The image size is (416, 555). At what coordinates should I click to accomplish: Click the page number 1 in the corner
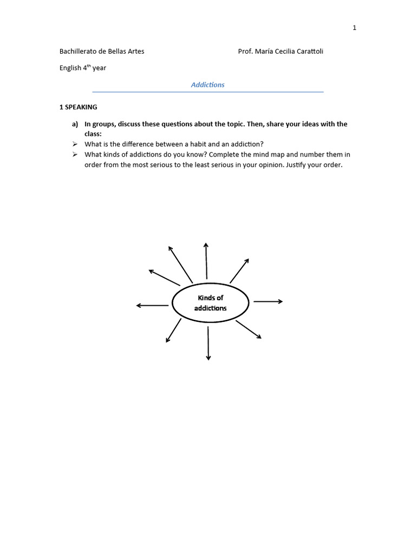[354, 28]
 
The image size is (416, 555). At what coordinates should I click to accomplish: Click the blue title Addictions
[207, 85]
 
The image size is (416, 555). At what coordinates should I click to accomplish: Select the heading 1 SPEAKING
[78, 107]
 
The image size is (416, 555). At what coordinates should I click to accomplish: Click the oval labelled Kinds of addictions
[210, 302]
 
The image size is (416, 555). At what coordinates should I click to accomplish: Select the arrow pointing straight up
[206, 260]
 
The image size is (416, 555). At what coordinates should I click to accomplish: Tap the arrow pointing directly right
[268, 301]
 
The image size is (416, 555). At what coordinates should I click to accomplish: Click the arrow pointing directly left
[152, 306]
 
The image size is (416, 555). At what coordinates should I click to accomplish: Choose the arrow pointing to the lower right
[249, 330]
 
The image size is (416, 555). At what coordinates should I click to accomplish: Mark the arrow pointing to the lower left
[173, 331]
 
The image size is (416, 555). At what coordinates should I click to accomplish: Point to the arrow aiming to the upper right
[239, 270]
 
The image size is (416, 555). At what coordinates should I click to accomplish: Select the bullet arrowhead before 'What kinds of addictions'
[75, 154]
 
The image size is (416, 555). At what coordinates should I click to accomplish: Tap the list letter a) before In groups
[75, 124]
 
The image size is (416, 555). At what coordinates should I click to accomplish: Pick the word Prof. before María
[246, 51]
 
